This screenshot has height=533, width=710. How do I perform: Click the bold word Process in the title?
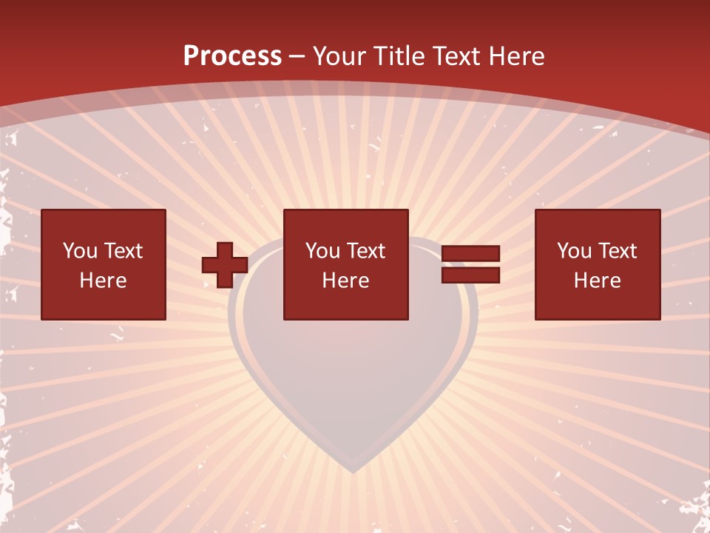pos(232,56)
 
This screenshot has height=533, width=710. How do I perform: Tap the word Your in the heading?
pos(339,56)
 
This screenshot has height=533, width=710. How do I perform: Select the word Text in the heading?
pos(459,56)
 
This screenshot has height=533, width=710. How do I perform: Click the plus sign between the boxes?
pos(225,265)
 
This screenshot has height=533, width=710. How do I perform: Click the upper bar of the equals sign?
pos(470,254)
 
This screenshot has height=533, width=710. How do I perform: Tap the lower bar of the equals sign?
pos(470,275)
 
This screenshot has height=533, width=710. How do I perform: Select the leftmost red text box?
pos(103,264)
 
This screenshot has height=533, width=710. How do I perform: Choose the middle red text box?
pos(345,264)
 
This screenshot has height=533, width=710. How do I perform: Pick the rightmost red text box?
pos(597,264)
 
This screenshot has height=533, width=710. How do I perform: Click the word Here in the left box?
pos(103,281)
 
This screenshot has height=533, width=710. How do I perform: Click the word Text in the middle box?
pos(365,251)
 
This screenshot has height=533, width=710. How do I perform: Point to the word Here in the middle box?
pos(345,281)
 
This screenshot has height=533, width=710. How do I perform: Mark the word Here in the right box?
pos(597,281)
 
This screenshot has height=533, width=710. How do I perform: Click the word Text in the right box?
pos(617,251)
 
